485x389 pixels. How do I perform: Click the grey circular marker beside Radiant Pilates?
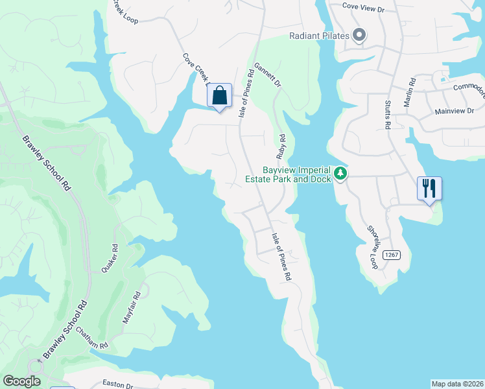tap(359, 36)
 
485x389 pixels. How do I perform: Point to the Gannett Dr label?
tap(268, 75)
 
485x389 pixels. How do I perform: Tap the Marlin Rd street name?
tap(411, 90)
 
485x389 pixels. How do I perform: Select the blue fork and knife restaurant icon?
tap(429, 188)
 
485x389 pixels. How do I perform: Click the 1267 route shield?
tap(391, 255)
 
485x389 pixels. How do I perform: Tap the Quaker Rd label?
tap(109, 257)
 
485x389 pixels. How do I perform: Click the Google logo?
tap(21, 381)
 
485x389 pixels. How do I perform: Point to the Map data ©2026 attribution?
tap(457, 384)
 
